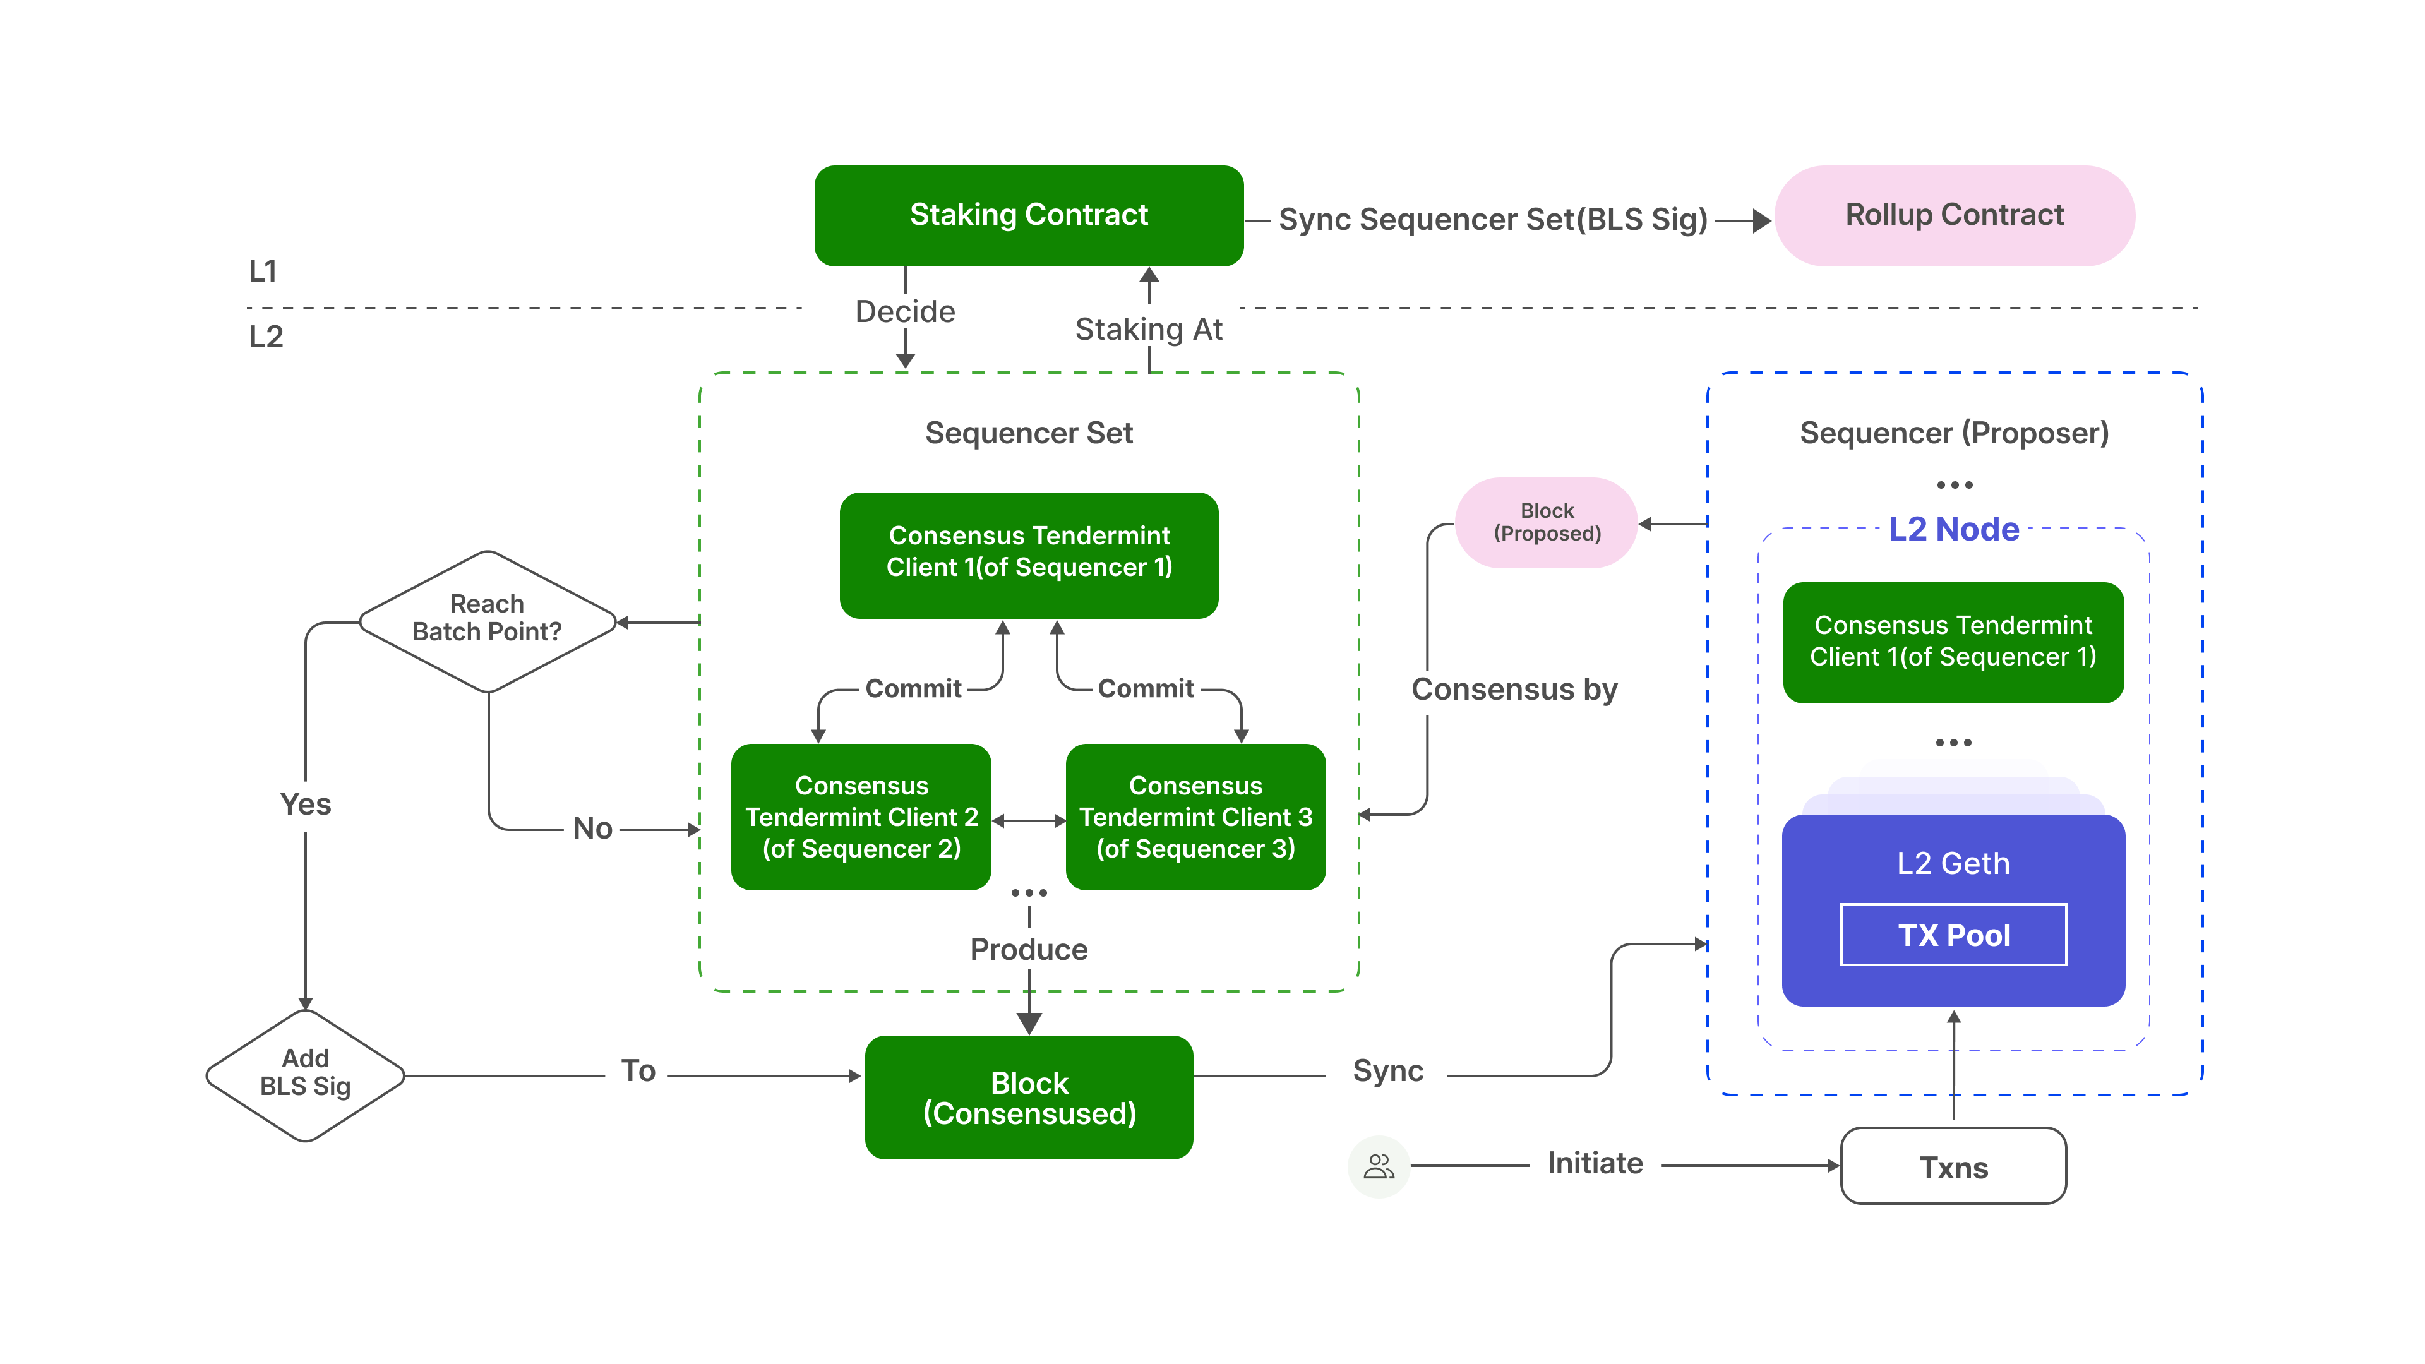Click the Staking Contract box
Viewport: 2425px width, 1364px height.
point(1028,215)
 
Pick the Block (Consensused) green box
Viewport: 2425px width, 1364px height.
point(1028,1098)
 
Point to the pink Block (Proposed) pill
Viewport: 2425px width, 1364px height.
point(1546,522)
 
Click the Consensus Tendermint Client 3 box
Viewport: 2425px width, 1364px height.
point(1195,817)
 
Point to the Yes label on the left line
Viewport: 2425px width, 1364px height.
point(305,804)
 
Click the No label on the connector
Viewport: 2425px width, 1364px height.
point(592,829)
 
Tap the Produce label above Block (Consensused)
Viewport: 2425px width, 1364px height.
point(1028,949)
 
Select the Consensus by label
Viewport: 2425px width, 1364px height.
point(1514,689)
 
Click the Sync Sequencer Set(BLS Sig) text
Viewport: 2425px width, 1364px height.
point(1492,219)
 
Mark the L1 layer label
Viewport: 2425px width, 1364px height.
point(263,271)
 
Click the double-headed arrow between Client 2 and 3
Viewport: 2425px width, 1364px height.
point(1028,821)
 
